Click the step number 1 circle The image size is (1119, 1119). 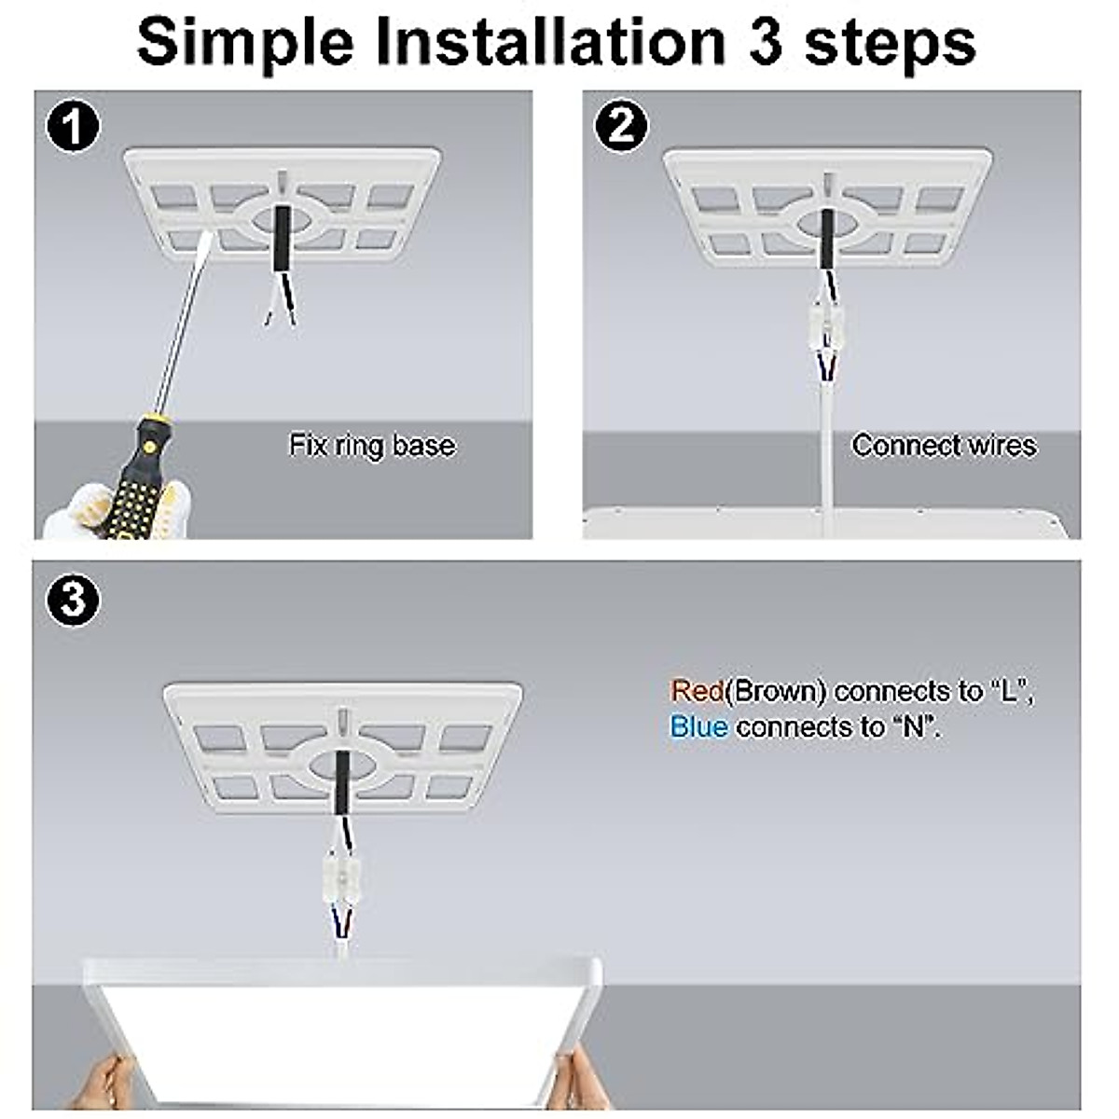(72, 127)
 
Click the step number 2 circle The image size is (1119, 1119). (620, 127)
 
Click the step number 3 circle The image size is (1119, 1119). (72, 600)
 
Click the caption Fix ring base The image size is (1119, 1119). (372, 445)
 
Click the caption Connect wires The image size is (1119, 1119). (944, 445)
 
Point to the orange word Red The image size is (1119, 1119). (697, 691)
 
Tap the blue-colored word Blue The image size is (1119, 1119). (698, 726)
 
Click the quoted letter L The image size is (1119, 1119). (1011, 691)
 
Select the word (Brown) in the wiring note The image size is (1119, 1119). (777, 691)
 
